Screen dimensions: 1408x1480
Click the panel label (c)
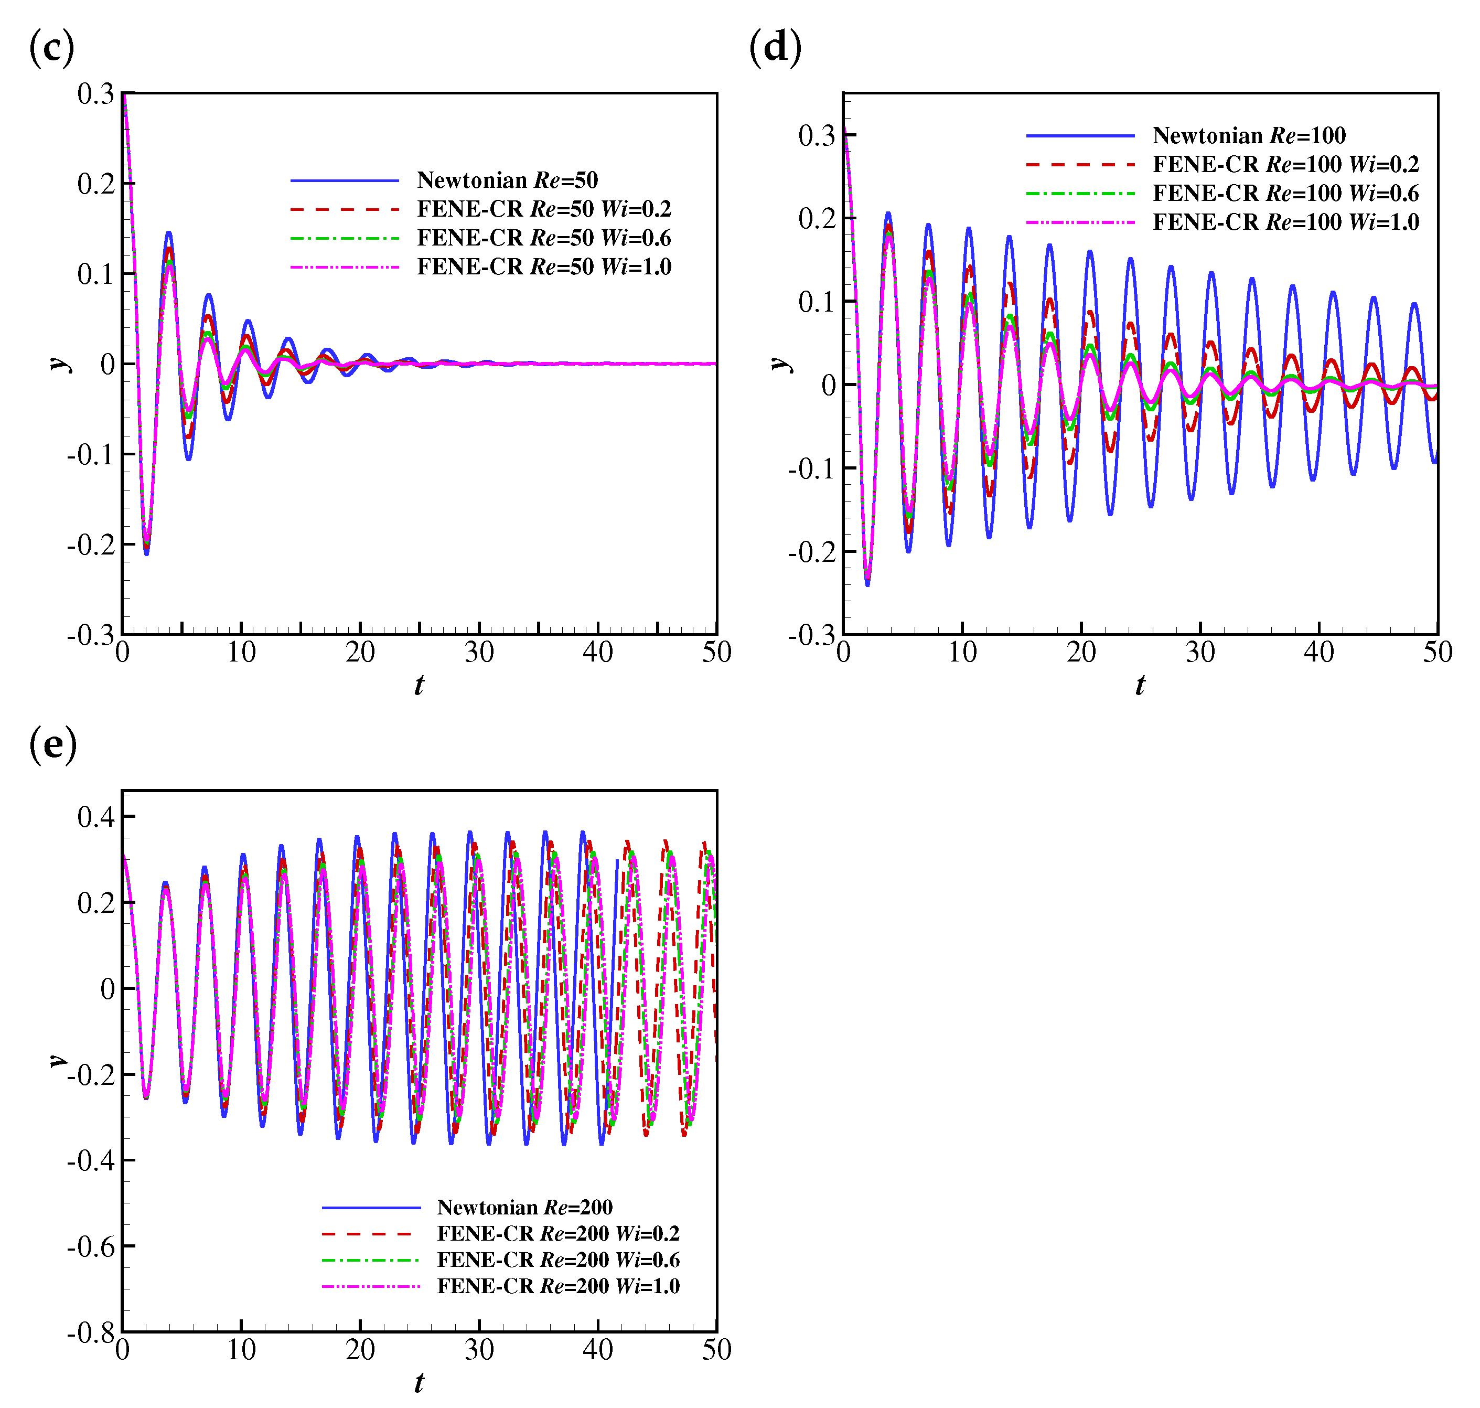[51, 48]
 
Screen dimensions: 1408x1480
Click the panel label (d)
[775, 48]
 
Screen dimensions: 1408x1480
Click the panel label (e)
[52, 745]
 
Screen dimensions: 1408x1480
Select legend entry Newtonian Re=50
[507, 180]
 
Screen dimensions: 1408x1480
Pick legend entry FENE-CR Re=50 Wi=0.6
[543, 238]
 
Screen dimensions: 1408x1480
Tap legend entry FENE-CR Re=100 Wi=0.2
[1285, 164]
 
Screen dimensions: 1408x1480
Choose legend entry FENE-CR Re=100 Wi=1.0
[1285, 222]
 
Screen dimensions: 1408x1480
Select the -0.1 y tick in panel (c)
[90, 455]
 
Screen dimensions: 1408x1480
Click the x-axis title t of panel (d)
[1140, 685]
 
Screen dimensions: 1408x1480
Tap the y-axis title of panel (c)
[59, 364]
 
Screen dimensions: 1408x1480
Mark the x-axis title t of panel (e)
[419, 1382]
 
